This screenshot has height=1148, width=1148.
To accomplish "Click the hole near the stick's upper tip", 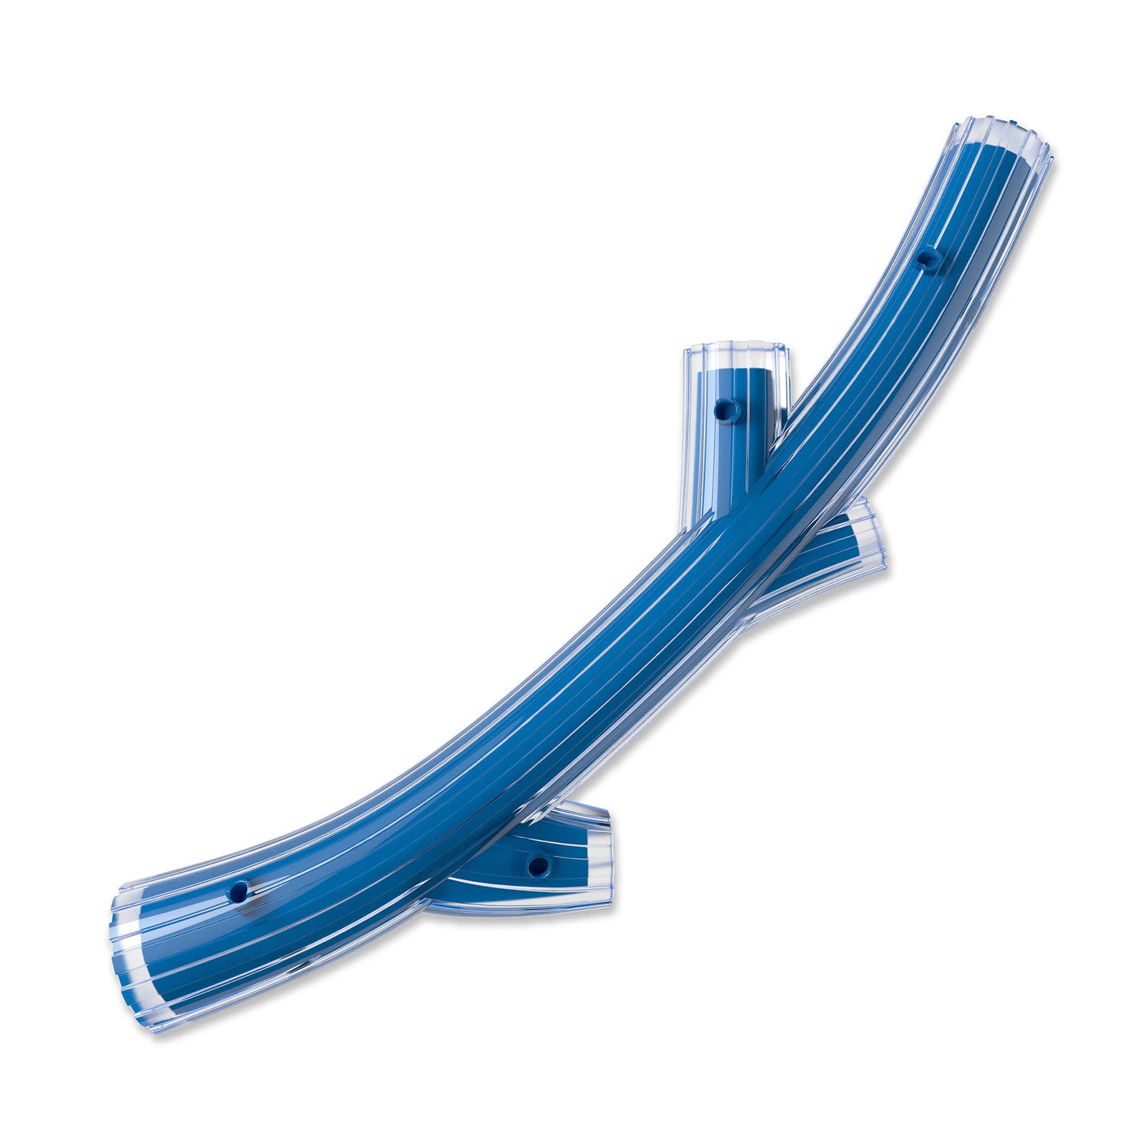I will (x=926, y=257).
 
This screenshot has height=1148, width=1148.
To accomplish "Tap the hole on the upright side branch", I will (x=723, y=410).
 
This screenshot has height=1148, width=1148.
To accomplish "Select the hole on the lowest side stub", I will (x=538, y=864).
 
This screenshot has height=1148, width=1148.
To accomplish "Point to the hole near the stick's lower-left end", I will (x=238, y=891).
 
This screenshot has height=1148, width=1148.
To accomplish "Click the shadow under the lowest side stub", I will (x=524, y=915).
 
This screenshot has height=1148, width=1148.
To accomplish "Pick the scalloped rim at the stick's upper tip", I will (x=1005, y=131).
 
